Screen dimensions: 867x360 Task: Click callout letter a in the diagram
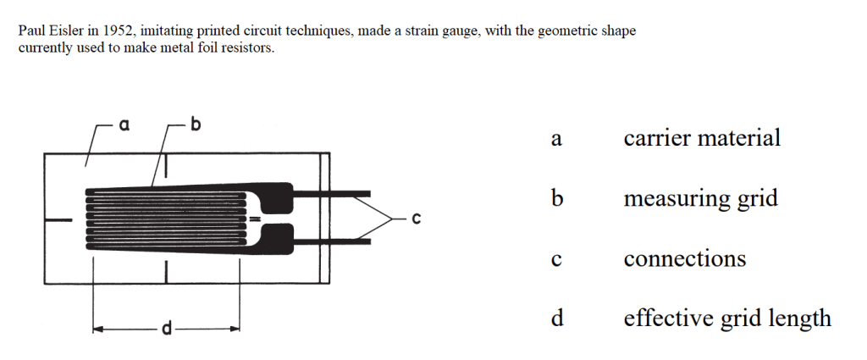(x=124, y=125)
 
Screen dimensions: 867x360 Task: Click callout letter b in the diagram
(x=196, y=124)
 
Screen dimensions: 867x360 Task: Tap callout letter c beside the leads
(x=417, y=219)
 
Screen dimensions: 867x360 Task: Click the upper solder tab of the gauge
(x=276, y=198)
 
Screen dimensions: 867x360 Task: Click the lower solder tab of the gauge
(x=276, y=238)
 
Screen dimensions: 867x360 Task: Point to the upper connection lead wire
(x=331, y=193)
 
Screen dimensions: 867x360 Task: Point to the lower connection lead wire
(x=331, y=241)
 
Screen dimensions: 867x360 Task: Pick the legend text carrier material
(x=702, y=138)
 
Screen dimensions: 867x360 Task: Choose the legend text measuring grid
(x=700, y=199)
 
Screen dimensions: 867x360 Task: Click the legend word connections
(x=685, y=259)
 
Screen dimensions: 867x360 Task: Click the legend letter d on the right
(x=557, y=318)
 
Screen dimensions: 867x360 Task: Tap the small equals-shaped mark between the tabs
(x=254, y=219)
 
